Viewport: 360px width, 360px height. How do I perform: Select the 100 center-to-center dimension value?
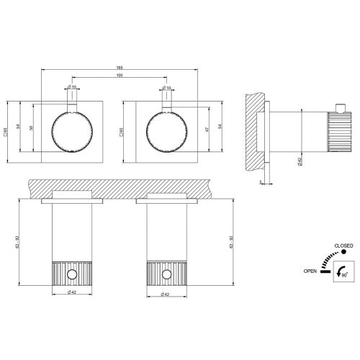pyautogui.click(x=120, y=76)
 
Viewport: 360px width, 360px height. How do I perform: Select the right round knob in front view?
pyautogui.click(x=167, y=131)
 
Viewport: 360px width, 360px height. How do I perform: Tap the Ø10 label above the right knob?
pyautogui.click(x=167, y=89)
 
